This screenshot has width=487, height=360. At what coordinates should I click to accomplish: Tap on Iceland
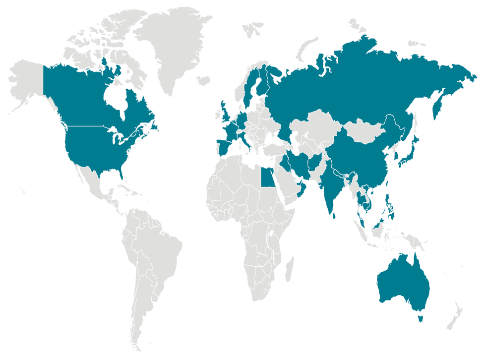pyautogui.click(x=203, y=80)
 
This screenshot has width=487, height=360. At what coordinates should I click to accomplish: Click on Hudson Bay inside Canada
pyautogui.click(x=116, y=99)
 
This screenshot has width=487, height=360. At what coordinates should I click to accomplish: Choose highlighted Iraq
pyautogui.click(x=289, y=162)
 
